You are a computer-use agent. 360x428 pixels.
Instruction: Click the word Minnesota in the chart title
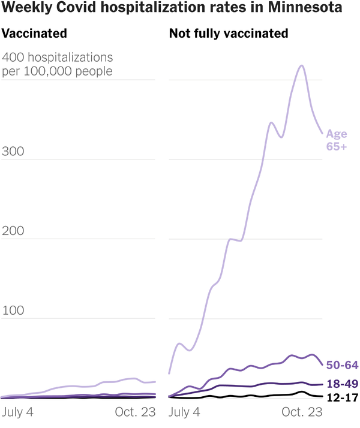click(x=307, y=9)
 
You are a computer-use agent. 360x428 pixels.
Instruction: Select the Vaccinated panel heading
click(x=35, y=34)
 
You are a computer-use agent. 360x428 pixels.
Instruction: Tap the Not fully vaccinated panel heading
click(x=229, y=34)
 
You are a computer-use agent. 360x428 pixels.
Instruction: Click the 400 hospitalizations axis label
click(x=58, y=58)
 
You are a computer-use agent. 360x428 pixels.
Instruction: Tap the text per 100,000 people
click(x=58, y=71)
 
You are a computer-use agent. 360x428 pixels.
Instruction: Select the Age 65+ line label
click(x=336, y=140)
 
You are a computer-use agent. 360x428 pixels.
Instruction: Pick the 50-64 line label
click(x=342, y=364)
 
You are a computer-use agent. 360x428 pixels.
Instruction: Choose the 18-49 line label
click(x=342, y=384)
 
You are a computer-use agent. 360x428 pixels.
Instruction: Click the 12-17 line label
click(x=342, y=397)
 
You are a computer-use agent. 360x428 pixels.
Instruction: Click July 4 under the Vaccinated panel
click(x=18, y=412)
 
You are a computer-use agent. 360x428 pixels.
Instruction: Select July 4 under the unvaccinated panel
click(x=184, y=412)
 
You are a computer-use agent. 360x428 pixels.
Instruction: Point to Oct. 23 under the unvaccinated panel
click(x=302, y=412)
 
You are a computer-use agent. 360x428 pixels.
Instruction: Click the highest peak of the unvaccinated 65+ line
click(x=302, y=66)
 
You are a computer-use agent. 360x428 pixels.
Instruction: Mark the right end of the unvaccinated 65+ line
click(x=323, y=133)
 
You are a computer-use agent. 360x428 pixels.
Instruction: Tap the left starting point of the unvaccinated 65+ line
click(x=169, y=373)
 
